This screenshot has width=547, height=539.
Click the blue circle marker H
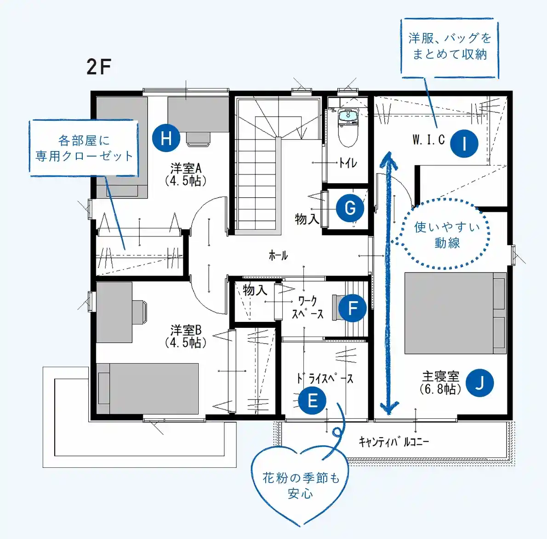(166, 138)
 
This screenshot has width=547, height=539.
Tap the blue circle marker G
(350, 208)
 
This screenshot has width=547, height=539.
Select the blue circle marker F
(353, 308)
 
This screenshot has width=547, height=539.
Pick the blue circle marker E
(312, 400)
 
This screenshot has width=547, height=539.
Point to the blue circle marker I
(464, 143)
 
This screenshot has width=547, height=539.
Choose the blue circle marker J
(480, 383)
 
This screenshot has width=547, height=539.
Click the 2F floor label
(99, 67)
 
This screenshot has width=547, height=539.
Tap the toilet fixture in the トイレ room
(348, 128)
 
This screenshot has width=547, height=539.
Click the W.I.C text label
(429, 140)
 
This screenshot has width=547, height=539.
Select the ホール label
(278, 255)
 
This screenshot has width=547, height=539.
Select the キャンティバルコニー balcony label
(394, 442)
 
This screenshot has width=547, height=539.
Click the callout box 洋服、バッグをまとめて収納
(450, 47)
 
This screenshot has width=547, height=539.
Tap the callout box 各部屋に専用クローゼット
(84, 148)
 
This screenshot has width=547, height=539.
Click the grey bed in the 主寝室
(455, 313)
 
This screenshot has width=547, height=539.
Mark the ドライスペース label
(325, 378)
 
